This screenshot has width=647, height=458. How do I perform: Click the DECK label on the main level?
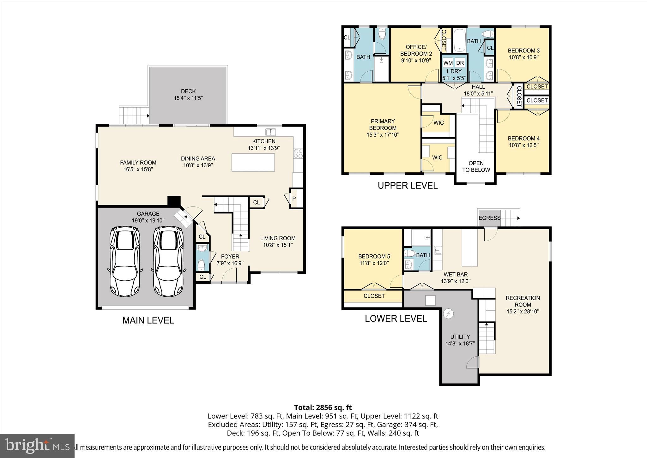click(x=188, y=91)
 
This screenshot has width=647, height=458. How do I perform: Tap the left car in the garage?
click(x=125, y=261)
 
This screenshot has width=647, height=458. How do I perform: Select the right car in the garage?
click(x=168, y=261)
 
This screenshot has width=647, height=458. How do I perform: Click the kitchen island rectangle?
click(x=253, y=162)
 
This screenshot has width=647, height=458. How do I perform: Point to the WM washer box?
click(x=448, y=63)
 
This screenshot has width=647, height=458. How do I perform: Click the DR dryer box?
click(x=460, y=63)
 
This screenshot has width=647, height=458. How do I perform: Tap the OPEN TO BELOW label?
click(x=476, y=166)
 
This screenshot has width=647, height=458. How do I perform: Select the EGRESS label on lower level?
click(x=489, y=218)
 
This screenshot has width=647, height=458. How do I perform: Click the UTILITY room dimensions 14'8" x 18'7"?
click(x=460, y=343)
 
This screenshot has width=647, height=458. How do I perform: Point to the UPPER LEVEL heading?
click(x=408, y=186)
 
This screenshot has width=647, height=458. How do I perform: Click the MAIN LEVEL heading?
click(x=148, y=320)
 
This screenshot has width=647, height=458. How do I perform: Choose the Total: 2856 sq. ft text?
click(x=323, y=407)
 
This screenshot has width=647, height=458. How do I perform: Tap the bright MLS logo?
click(x=37, y=446)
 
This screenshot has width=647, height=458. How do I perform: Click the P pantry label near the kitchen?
click(x=294, y=199)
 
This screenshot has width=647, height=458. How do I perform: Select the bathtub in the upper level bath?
click(x=459, y=40)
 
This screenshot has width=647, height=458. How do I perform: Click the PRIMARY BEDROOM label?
click(x=383, y=124)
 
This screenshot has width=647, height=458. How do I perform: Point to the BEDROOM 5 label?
click(x=372, y=256)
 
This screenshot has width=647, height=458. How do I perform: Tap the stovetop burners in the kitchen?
click(x=299, y=153)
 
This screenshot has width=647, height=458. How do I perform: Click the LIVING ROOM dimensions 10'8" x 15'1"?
click(x=278, y=245)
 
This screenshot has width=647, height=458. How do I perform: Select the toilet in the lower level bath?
click(x=410, y=253)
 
